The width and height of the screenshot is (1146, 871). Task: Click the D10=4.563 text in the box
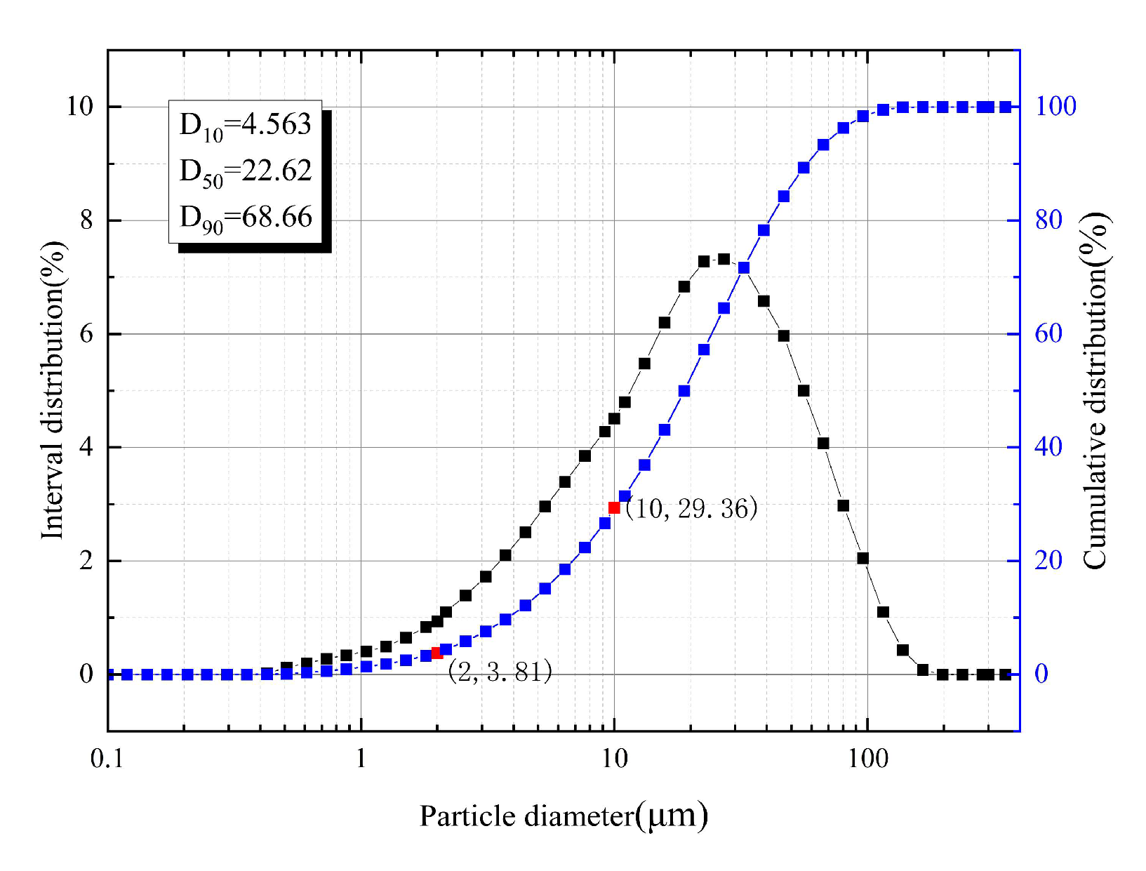(245, 125)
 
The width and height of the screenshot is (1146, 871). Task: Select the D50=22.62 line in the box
(245, 171)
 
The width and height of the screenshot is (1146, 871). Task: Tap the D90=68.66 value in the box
(245, 218)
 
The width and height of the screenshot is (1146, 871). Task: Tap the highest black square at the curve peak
(724, 260)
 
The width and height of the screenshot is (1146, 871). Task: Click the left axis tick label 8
(86, 220)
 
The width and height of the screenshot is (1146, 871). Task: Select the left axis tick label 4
(86, 447)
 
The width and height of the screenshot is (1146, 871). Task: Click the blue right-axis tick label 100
(1055, 107)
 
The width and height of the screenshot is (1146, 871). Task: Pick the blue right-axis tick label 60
(1048, 333)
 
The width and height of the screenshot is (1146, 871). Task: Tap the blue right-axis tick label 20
(1048, 560)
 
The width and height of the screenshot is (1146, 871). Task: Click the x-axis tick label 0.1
(107, 759)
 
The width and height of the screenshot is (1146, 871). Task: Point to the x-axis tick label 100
(867, 759)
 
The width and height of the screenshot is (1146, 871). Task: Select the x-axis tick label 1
(361, 759)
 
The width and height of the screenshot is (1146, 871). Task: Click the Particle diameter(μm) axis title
(564, 816)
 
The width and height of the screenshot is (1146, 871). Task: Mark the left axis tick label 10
(79, 107)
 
